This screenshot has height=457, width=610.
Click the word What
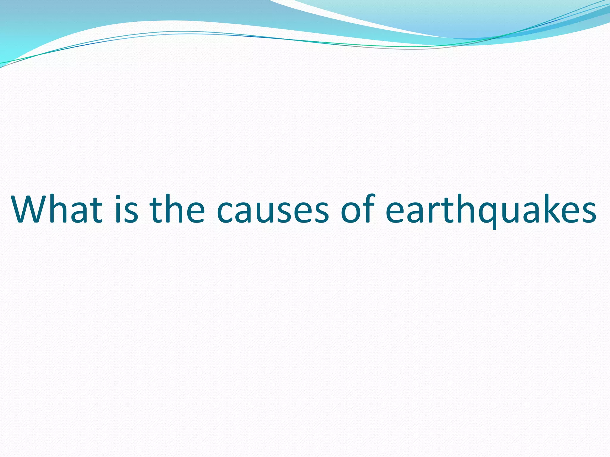point(57,209)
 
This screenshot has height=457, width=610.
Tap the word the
point(177,209)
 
